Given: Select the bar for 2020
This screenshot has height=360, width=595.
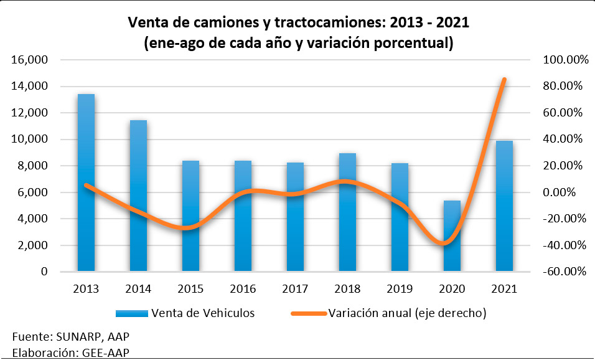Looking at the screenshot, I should coord(452,236).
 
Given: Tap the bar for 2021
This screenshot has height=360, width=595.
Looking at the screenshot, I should coord(504,206).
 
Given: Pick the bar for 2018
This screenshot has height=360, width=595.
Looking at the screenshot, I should coord(347,212).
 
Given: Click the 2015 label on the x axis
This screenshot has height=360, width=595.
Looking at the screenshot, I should coord(190,289).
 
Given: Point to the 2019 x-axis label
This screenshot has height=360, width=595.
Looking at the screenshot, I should coord(400,289).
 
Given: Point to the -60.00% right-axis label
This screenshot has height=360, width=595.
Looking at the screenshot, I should coord(564,272).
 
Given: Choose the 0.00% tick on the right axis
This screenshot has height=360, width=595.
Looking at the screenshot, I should coord(568,192).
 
